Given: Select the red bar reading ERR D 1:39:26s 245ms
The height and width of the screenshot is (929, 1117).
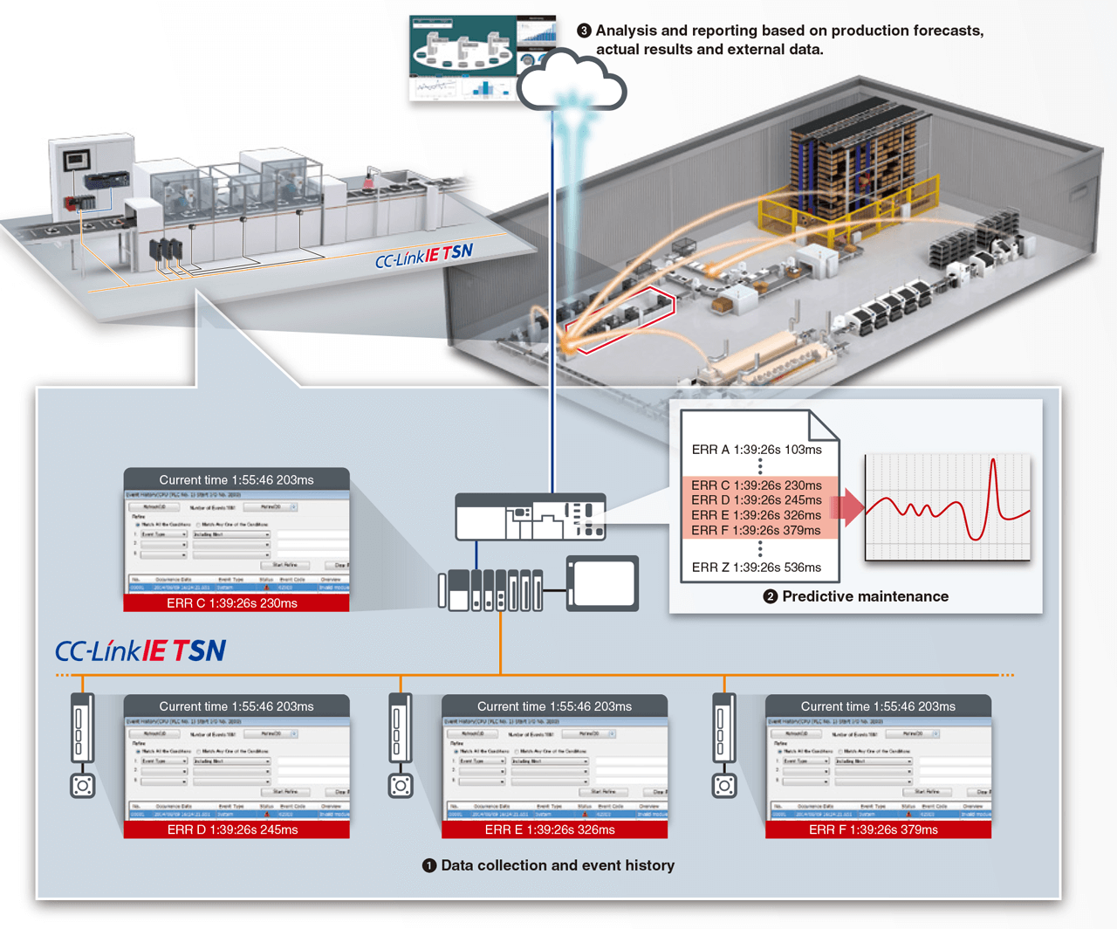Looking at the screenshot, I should coord(236,829).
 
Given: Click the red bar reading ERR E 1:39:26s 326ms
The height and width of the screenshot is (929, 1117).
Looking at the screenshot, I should coord(554,829).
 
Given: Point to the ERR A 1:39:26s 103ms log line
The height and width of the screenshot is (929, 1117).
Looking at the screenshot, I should coord(757,450).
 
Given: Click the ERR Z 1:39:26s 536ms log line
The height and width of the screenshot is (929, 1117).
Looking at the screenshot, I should coord(757,568).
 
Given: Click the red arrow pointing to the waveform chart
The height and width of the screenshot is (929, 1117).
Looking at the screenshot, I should coord(846,507).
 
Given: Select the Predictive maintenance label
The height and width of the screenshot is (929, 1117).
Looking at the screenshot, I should coord(864,596).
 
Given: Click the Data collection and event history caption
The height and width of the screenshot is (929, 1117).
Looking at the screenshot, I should coord(557,865).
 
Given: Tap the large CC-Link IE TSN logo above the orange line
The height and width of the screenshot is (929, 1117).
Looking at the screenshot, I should coord(140,650).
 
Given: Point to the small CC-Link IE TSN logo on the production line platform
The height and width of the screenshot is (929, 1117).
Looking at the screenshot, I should coord(424,256).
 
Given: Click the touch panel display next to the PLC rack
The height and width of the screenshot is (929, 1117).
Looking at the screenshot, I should coord(603,582).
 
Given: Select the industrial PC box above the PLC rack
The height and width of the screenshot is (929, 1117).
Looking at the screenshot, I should coord(531,517).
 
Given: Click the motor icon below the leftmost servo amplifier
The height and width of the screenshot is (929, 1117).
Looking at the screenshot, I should coord(83,786).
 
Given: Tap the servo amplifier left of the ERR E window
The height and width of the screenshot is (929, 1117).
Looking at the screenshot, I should coord(400,729).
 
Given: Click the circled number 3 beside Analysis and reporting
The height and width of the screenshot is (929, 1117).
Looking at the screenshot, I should coord(584,31).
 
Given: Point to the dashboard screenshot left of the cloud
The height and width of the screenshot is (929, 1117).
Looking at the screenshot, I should coord(463,58).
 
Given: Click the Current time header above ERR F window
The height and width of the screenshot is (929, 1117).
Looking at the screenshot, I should coord(877,706).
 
